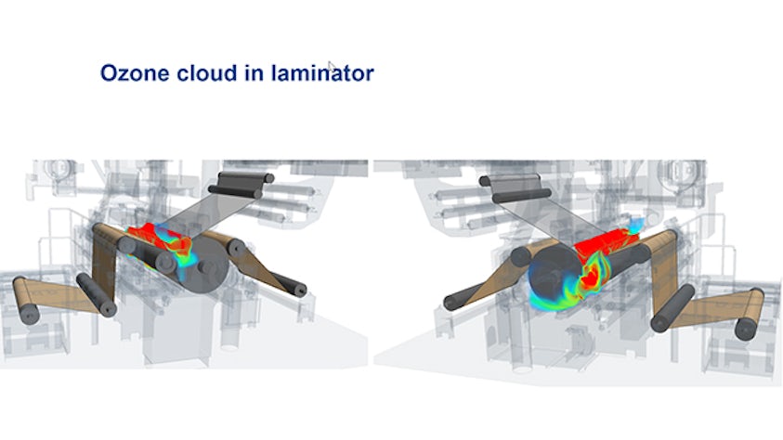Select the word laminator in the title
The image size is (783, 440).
[322, 72]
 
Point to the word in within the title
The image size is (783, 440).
[254, 72]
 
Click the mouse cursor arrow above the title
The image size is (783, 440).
[331, 66]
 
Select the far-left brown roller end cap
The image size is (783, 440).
[29, 316]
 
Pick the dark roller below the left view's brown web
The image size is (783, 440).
[97, 295]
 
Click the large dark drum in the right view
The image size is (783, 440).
[555, 275]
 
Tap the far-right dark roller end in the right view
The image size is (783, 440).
[746, 329]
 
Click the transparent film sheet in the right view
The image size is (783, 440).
[550, 218]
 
